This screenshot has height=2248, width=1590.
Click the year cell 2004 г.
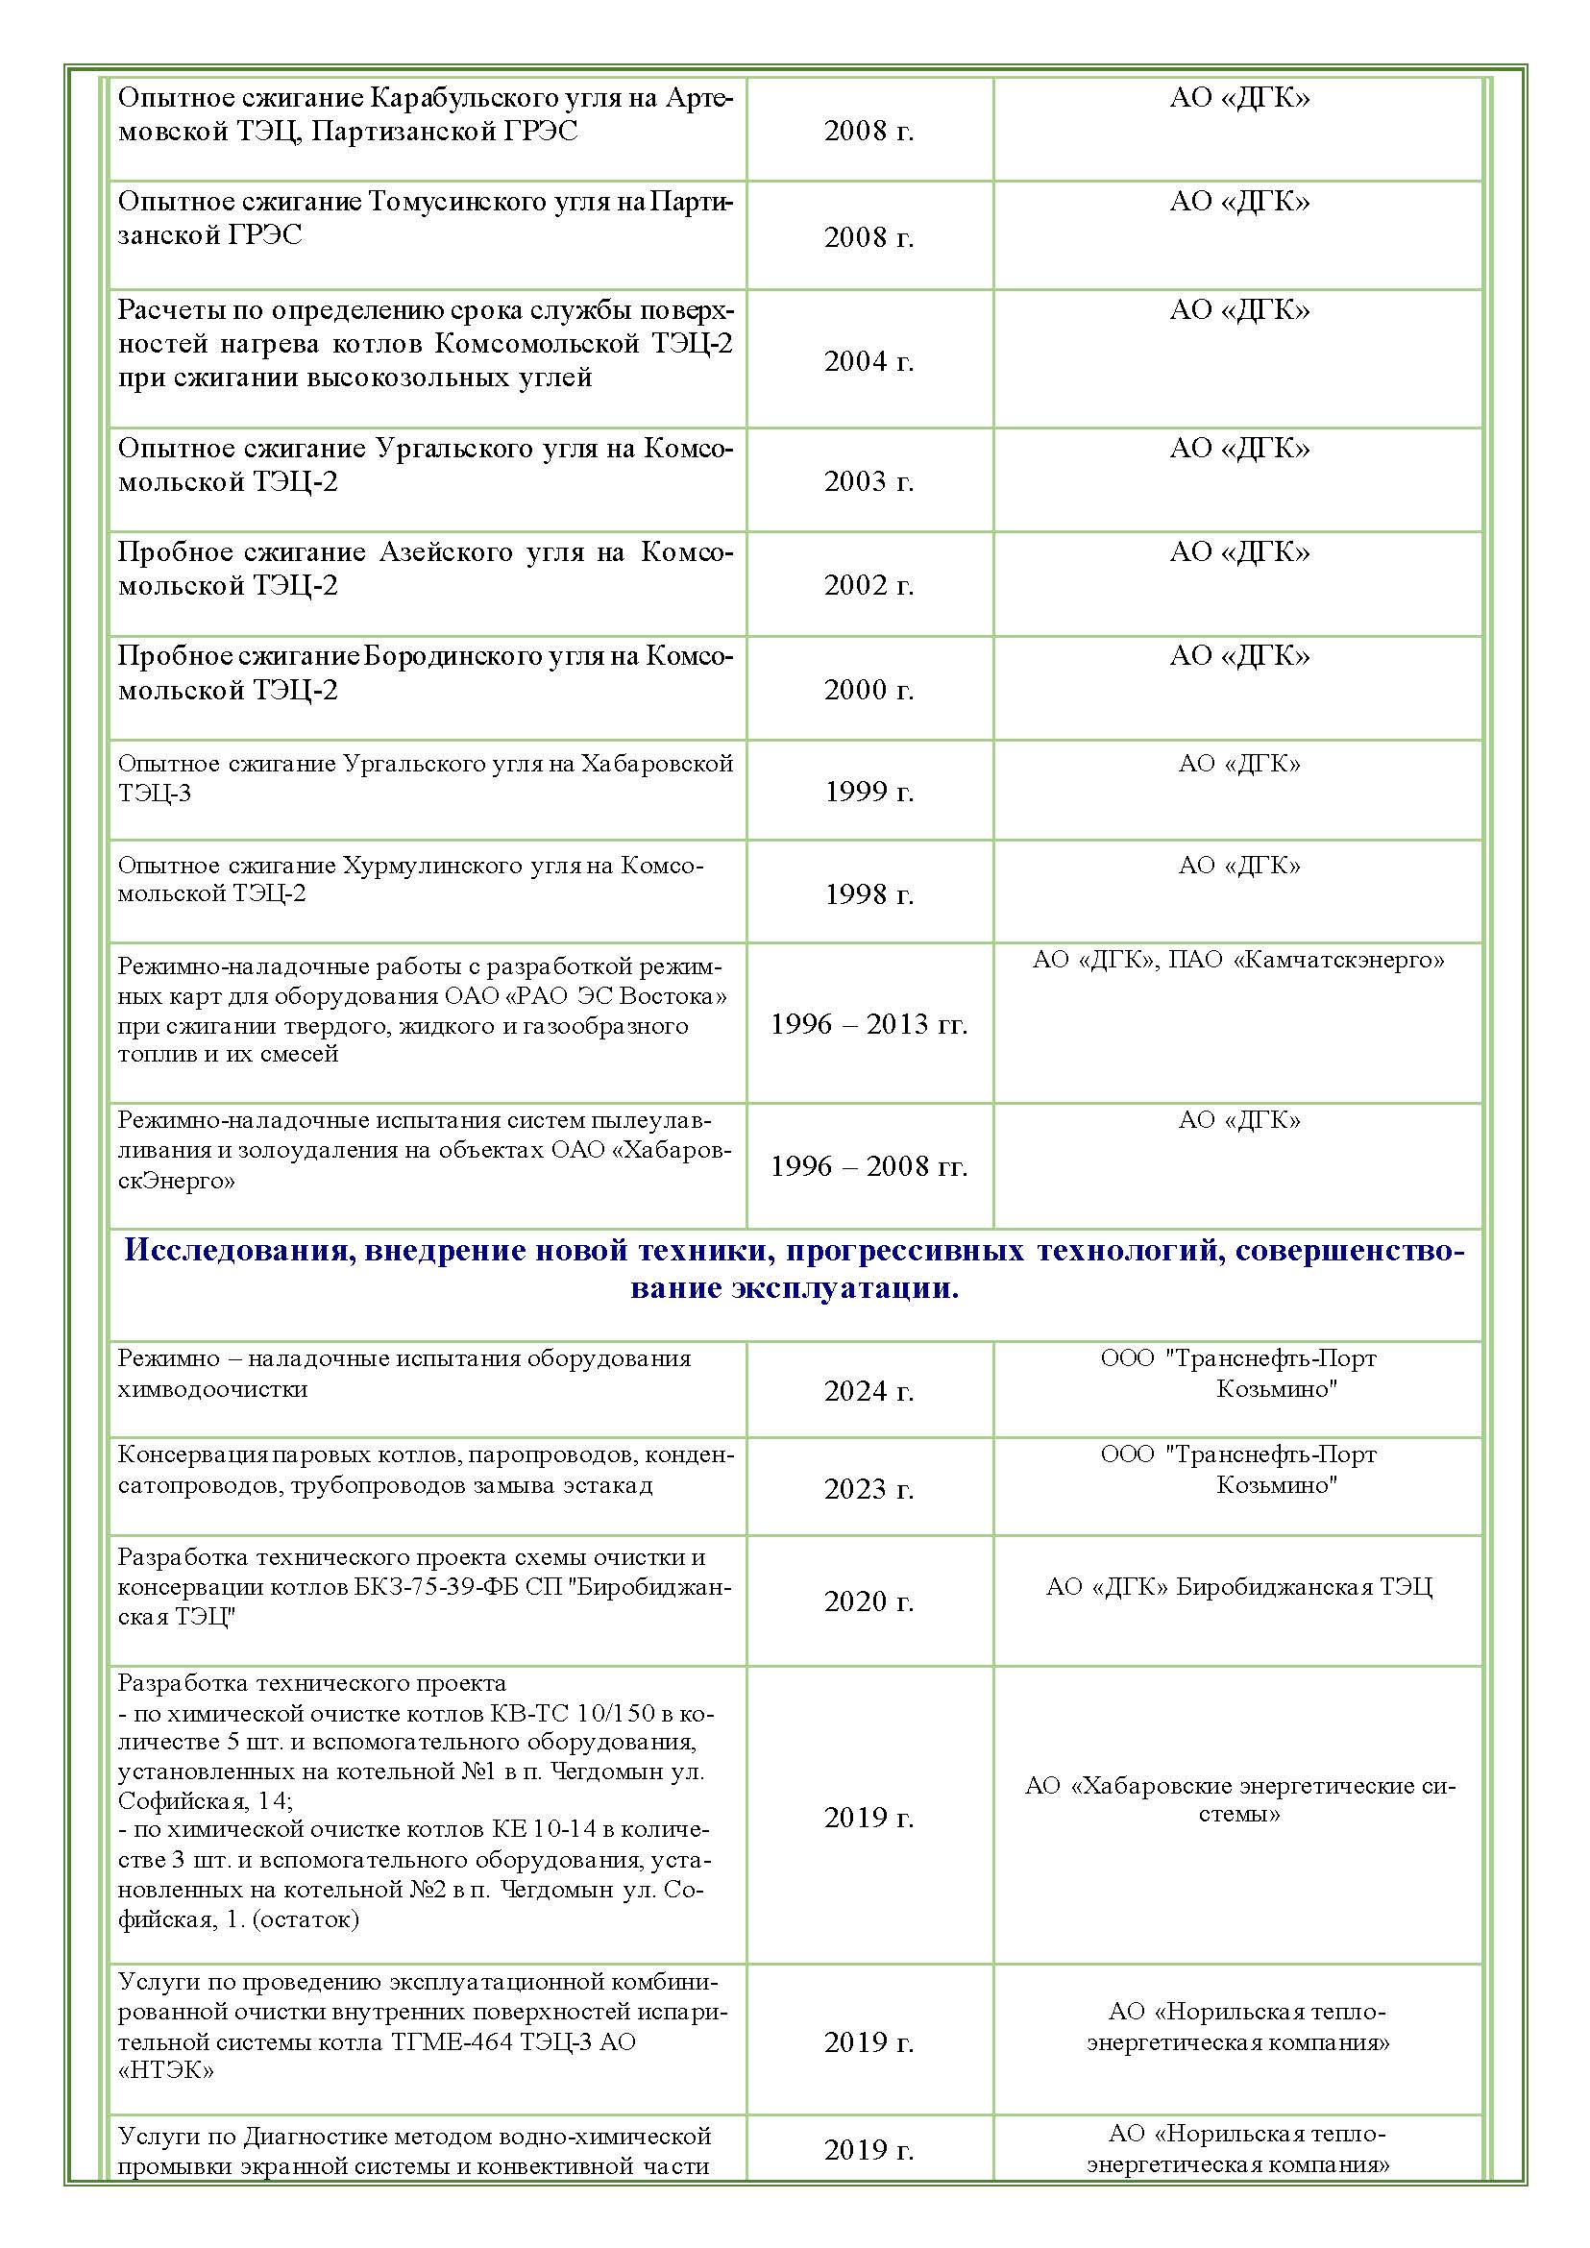(x=868, y=361)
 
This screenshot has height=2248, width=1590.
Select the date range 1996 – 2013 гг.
(x=868, y=1024)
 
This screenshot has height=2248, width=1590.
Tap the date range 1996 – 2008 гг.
(x=868, y=1166)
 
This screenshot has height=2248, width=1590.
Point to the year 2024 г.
(x=868, y=1390)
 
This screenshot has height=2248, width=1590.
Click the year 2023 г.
(x=868, y=1488)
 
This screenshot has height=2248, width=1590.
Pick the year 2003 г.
(x=868, y=480)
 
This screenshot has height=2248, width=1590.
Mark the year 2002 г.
(x=868, y=584)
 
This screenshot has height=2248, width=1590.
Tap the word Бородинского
(x=440, y=656)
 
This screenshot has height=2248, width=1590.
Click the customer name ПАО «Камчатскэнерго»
(x=1338, y=960)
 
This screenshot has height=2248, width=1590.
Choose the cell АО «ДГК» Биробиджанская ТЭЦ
(x=1238, y=1586)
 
